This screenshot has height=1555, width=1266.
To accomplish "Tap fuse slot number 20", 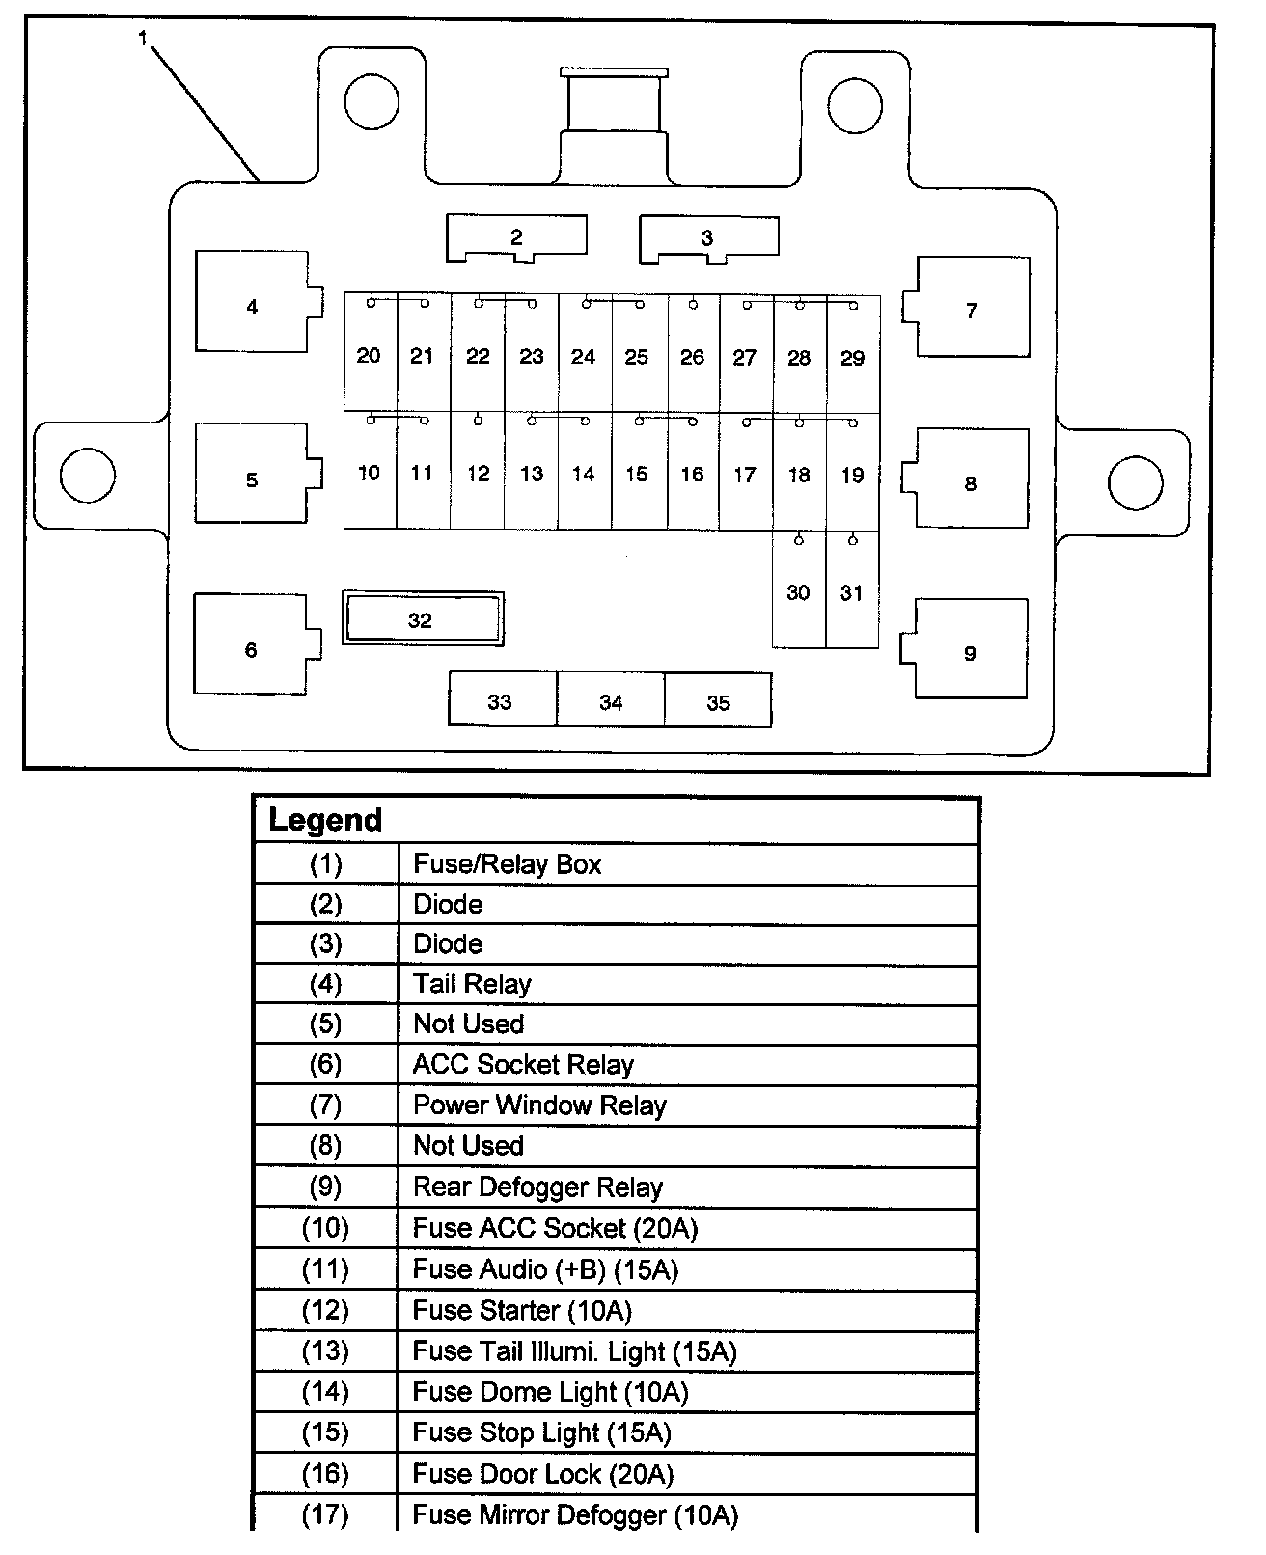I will click(370, 354).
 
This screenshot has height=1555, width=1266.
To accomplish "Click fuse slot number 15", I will click(637, 472).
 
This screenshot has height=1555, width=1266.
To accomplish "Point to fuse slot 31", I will click(852, 590).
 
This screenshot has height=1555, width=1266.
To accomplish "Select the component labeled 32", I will click(423, 618).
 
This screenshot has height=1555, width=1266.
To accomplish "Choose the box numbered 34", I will click(611, 700).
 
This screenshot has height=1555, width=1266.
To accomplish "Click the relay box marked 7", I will click(972, 309).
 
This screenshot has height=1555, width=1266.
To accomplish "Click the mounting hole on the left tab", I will click(87, 475).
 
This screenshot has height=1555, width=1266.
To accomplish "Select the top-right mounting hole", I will click(854, 102).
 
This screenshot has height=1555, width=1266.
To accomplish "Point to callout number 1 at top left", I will click(143, 38).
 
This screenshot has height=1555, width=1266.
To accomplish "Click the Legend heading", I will click(326, 820).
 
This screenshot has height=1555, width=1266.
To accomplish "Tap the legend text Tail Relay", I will click(472, 984).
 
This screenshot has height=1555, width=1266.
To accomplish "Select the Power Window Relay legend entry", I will click(539, 1105).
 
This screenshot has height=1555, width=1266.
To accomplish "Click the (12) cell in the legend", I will click(325, 1310).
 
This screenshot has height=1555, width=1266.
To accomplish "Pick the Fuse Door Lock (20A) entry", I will click(543, 1473).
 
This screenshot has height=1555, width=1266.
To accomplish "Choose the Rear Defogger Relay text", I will click(537, 1187).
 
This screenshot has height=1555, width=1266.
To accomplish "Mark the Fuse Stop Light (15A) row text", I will click(541, 1432).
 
